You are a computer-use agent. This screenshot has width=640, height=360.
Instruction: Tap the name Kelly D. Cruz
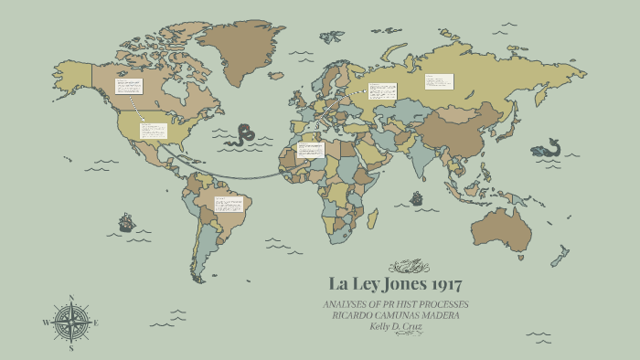click(396, 325)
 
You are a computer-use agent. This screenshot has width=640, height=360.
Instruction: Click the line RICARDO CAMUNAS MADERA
click(396, 315)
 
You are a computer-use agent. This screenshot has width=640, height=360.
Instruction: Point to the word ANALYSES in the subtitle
click(347, 304)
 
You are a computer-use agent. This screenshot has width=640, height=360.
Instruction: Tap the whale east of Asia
click(546, 148)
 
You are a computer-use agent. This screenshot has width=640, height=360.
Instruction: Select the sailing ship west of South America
click(126, 221)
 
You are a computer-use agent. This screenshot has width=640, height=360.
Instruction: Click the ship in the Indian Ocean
click(417, 197)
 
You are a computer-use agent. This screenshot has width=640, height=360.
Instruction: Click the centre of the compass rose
click(69, 323)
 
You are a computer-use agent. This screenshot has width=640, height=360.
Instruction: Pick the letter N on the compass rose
click(70, 298)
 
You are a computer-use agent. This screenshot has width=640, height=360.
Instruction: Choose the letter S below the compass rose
click(70, 348)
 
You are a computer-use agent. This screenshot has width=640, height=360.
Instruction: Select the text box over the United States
click(153, 131)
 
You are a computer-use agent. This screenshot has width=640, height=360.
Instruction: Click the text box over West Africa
click(310, 149)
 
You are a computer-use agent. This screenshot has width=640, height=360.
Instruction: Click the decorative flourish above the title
click(408, 267)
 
